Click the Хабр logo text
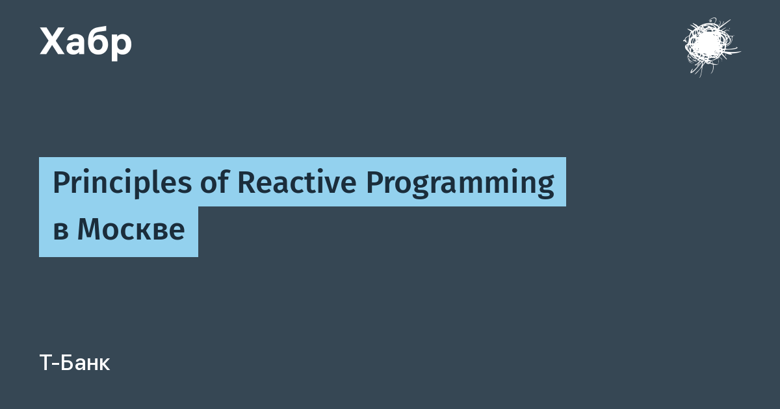point(86,43)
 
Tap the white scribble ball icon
point(711,47)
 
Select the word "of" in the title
point(214,182)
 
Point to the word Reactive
point(297,182)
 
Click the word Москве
point(131,229)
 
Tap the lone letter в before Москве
point(60,232)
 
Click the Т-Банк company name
point(75,363)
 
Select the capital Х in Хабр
point(53,42)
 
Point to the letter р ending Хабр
point(122,47)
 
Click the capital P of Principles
point(62,182)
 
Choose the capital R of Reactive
point(247,182)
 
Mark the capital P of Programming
point(375,182)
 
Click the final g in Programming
point(544,187)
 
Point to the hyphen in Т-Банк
point(57,364)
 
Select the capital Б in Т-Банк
point(69,363)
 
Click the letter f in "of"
point(223,181)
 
